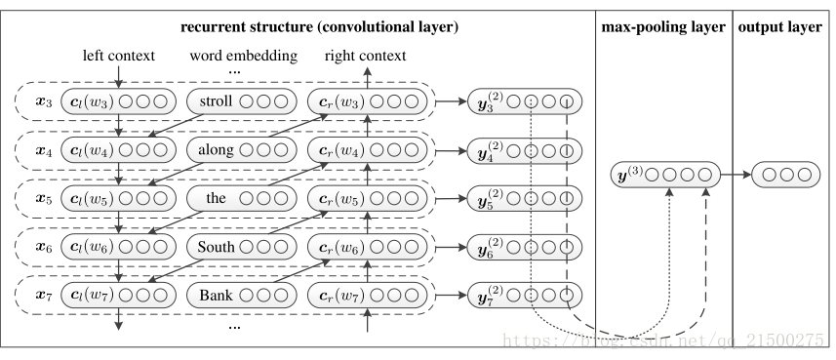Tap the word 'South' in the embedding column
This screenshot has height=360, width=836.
click(x=216, y=246)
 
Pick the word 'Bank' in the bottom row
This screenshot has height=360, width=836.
click(x=216, y=294)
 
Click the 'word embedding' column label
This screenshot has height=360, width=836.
click(x=242, y=56)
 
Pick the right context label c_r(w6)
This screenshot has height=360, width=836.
click(x=344, y=246)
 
